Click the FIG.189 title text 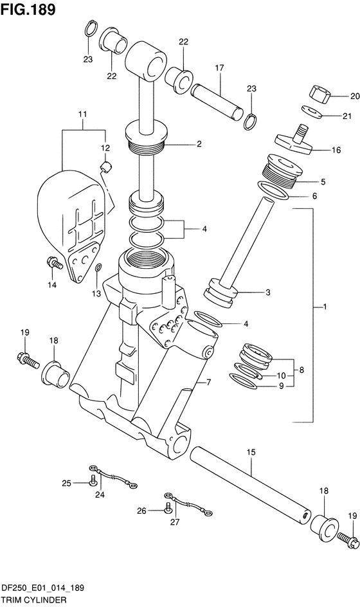[28, 9]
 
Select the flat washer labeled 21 [311, 111]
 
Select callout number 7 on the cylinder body [208, 383]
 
